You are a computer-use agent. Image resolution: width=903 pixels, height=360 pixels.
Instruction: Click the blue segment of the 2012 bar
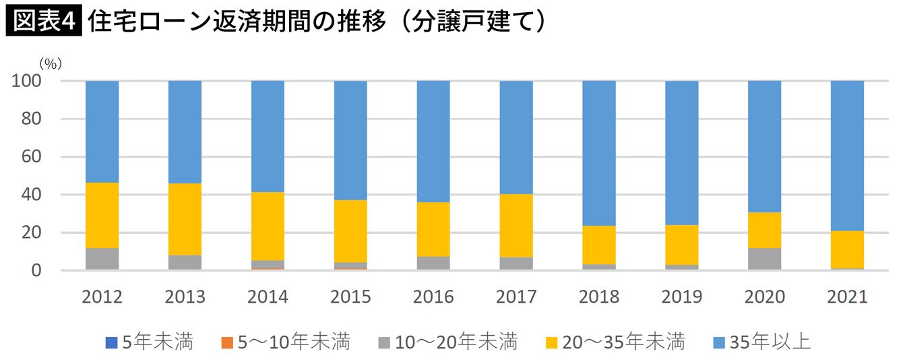click(x=102, y=131)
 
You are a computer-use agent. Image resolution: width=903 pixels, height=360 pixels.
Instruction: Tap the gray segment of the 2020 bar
click(x=764, y=259)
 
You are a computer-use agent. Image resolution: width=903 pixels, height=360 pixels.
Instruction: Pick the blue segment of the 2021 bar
click(x=847, y=155)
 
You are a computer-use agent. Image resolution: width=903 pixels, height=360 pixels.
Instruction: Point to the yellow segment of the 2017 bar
click(x=516, y=225)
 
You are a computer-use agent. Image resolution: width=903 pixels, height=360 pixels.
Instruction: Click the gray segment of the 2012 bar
click(x=102, y=259)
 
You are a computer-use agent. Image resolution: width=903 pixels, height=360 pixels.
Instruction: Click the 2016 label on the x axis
click(x=433, y=297)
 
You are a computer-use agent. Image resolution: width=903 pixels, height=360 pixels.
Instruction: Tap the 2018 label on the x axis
click(x=599, y=297)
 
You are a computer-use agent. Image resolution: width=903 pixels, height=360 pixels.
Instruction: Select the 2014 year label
click(x=268, y=297)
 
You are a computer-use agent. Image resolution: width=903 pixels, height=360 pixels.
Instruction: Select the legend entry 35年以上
click(x=761, y=342)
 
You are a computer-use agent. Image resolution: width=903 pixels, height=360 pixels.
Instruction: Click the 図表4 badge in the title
click(x=42, y=21)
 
